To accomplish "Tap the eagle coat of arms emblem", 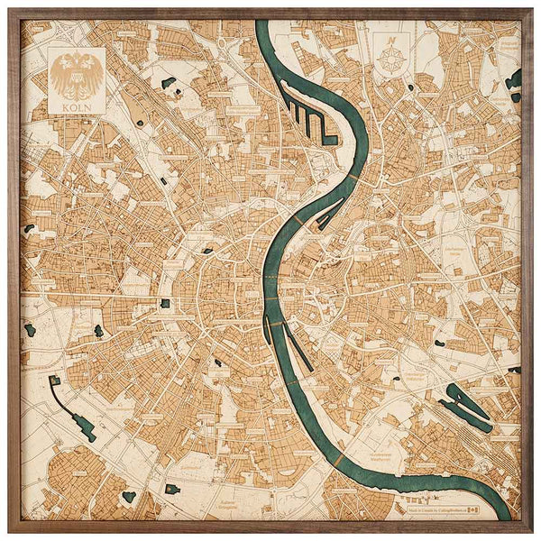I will click(77, 76).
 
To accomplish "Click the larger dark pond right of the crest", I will click(168, 83).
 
